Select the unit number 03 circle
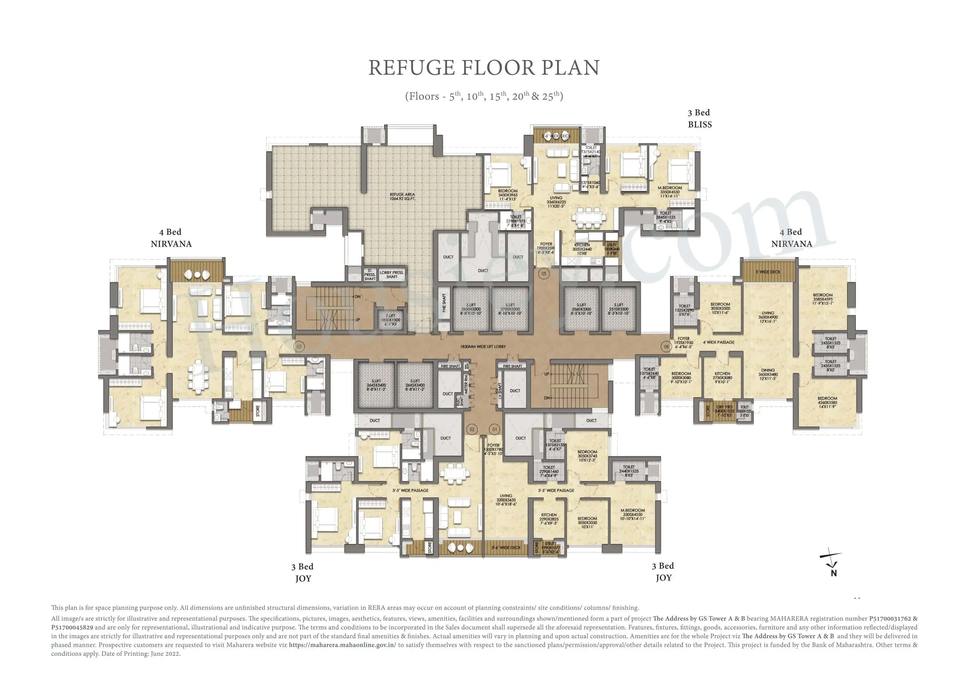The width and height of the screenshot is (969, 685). (x=299, y=346)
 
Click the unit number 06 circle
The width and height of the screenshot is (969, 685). (x=666, y=346)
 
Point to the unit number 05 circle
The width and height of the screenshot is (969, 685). (x=544, y=274)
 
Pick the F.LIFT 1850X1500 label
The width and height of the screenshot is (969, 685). (x=391, y=320)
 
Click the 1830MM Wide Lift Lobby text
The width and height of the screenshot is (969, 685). (x=483, y=346)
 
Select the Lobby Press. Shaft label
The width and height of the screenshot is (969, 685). (x=392, y=274)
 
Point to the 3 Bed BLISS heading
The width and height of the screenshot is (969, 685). (x=699, y=119)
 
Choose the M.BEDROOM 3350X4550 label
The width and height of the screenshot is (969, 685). (x=670, y=192)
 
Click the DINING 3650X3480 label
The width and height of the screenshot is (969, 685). (x=768, y=374)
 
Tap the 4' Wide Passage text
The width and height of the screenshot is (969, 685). (x=718, y=342)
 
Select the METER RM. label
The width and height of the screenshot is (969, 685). (x=466, y=383)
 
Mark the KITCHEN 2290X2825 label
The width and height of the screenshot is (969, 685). (x=549, y=519)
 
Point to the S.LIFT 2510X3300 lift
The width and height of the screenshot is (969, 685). (x=618, y=309)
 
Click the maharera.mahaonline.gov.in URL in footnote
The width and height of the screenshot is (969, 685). (x=342, y=645)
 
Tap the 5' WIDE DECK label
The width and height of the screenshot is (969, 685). (x=768, y=272)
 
